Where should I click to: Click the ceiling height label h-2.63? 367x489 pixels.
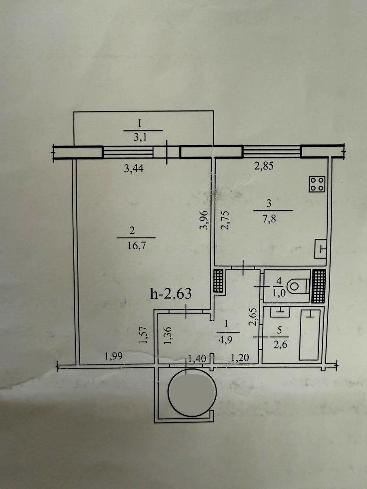point(171,293)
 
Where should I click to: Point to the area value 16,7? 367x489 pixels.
point(136,246)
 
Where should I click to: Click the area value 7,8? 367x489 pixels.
point(270,218)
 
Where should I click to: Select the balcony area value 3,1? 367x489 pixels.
point(140,138)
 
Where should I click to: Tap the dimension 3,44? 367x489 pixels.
point(134,169)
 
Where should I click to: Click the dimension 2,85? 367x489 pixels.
point(264,166)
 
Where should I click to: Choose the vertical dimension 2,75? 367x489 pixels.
point(225,220)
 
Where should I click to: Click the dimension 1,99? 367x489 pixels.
point(114,357)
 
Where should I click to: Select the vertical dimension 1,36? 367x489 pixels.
point(168,335)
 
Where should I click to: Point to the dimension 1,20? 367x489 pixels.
point(240,358)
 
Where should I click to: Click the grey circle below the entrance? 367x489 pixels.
point(192,392)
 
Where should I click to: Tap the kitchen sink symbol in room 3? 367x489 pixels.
point(321,249)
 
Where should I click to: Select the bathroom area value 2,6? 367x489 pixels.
point(281,345)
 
